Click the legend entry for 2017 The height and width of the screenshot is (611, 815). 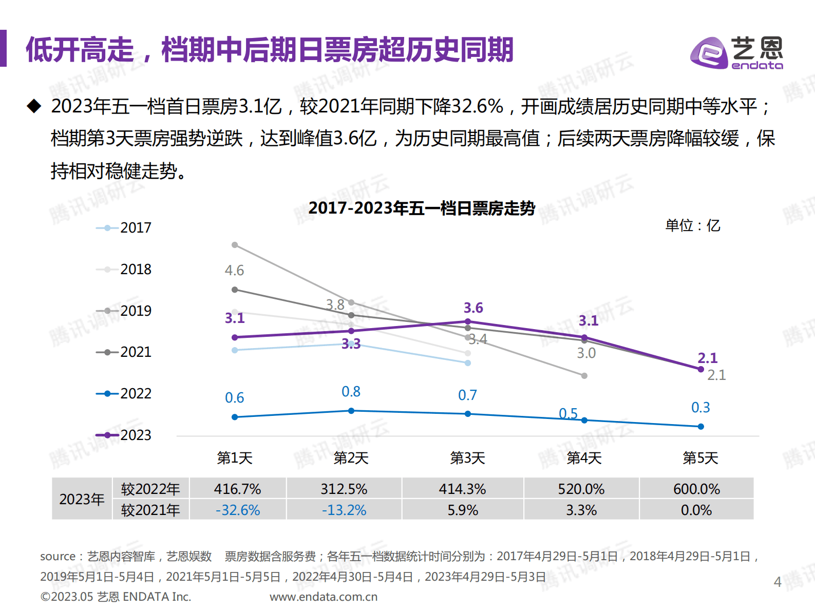click(x=124, y=227)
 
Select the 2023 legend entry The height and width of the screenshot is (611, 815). click(x=124, y=435)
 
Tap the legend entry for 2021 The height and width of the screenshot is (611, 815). click(x=124, y=352)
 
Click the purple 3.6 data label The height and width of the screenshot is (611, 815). click(x=473, y=308)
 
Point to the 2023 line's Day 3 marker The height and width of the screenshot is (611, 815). click(x=468, y=322)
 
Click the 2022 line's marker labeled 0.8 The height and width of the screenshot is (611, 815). click(x=351, y=411)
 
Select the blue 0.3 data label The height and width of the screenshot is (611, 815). click(x=700, y=408)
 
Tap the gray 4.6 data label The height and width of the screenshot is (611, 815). click(x=234, y=271)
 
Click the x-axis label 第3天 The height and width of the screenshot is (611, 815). click(x=467, y=458)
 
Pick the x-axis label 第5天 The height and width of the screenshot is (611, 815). click(x=700, y=458)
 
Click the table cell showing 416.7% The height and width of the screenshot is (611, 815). click(x=237, y=489)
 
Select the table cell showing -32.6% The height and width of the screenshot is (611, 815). click(x=237, y=510)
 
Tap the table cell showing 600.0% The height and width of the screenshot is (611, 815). click(x=696, y=489)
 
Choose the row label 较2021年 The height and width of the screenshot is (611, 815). click(x=150, y=510)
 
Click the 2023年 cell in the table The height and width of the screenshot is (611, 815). click(x=82, y=499)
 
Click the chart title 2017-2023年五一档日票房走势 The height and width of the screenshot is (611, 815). click(x=422, y=208)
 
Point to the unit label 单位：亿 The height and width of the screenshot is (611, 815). click(x=692, y=225)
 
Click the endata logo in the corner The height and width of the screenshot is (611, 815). click(x=736, y=53)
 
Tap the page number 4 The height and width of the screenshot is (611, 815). click(x=778, y=582)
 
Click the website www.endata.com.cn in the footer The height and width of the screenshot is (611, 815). click(x=324, y=597)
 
